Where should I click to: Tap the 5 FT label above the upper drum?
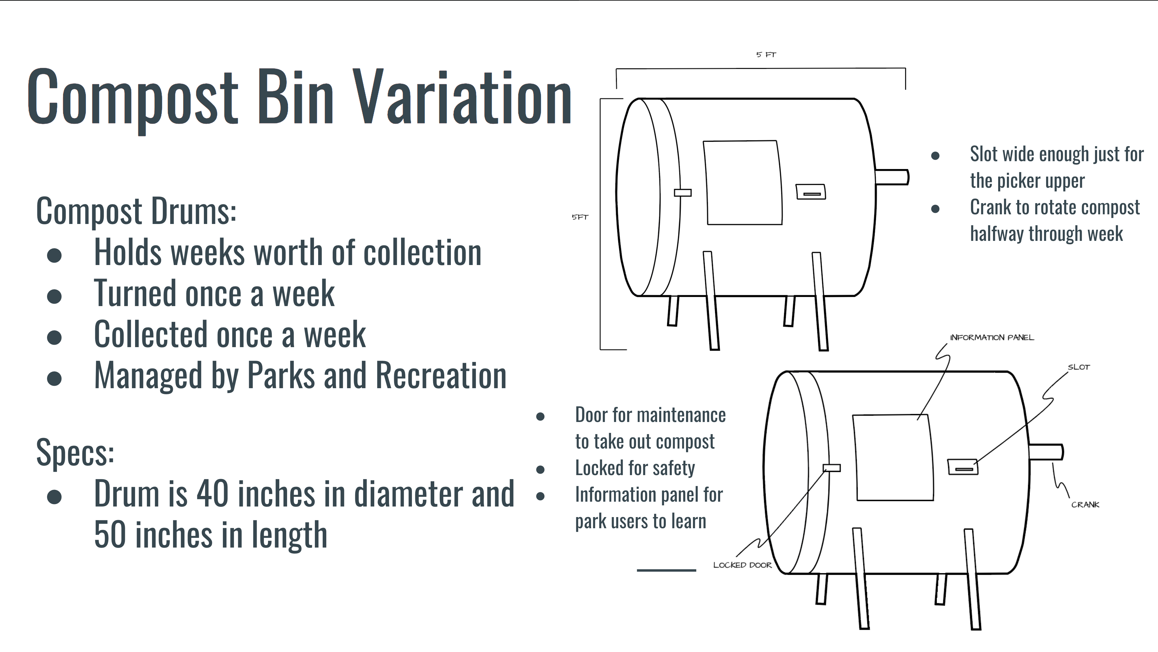[766, 54]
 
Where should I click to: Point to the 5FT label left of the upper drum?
[580, 217]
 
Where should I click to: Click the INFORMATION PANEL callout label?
[992, 337]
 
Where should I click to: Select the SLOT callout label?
[1079, 367]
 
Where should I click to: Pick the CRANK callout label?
[1085, 505]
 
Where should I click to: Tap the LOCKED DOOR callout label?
[742, 565]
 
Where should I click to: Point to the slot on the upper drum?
[811, 192]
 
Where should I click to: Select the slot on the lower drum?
[963, 467]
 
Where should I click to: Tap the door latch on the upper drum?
[683, 193]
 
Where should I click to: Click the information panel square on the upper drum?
[743, 183]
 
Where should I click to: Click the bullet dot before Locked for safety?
[540, 470]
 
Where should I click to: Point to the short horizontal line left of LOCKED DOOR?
[666, 570]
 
